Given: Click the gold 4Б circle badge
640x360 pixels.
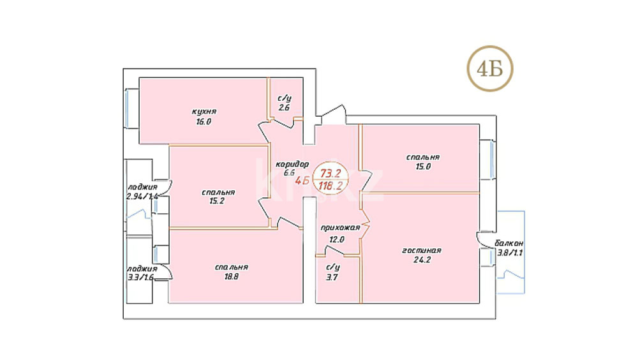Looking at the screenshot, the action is click(x=490, y=68).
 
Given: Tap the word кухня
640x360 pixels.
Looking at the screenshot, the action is click(x=204, y=112).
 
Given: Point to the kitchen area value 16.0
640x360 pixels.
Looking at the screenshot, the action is click(x=204, y=122).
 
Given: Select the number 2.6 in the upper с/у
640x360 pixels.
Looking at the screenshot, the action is click(x=284, y=108).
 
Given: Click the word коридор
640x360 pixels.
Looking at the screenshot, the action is click(x=292, y=164).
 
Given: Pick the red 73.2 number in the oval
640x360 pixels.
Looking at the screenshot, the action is click(x=330, y=174).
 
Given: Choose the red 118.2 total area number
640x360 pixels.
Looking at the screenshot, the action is click(x=330, y=186).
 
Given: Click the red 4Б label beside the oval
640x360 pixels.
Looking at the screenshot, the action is click(x=302, y=181).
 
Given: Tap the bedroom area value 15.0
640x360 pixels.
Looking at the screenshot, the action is click(x=423, y=167).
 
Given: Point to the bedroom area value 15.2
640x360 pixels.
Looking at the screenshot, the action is click(x=217, y=201).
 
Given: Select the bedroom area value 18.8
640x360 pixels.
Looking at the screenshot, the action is click(x=231, y=277).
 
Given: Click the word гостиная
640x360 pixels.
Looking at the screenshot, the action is click(x=422, y=251).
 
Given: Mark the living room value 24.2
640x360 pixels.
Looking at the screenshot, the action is click(x=422, y=260).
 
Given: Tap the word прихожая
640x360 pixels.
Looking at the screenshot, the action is click(x=340, y=228).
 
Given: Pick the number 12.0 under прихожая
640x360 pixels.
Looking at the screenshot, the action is click(x=337, y=239).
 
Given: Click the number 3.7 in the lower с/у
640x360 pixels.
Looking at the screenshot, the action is click(x=332, y=278).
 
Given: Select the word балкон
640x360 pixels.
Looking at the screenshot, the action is click(x=509, y=243).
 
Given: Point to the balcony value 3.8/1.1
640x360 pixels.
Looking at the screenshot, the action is click(x=510, y=253).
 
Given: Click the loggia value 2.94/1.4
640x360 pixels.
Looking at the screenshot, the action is click(x=142, y=197).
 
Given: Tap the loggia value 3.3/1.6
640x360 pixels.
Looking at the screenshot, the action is click(x=140, y=278).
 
